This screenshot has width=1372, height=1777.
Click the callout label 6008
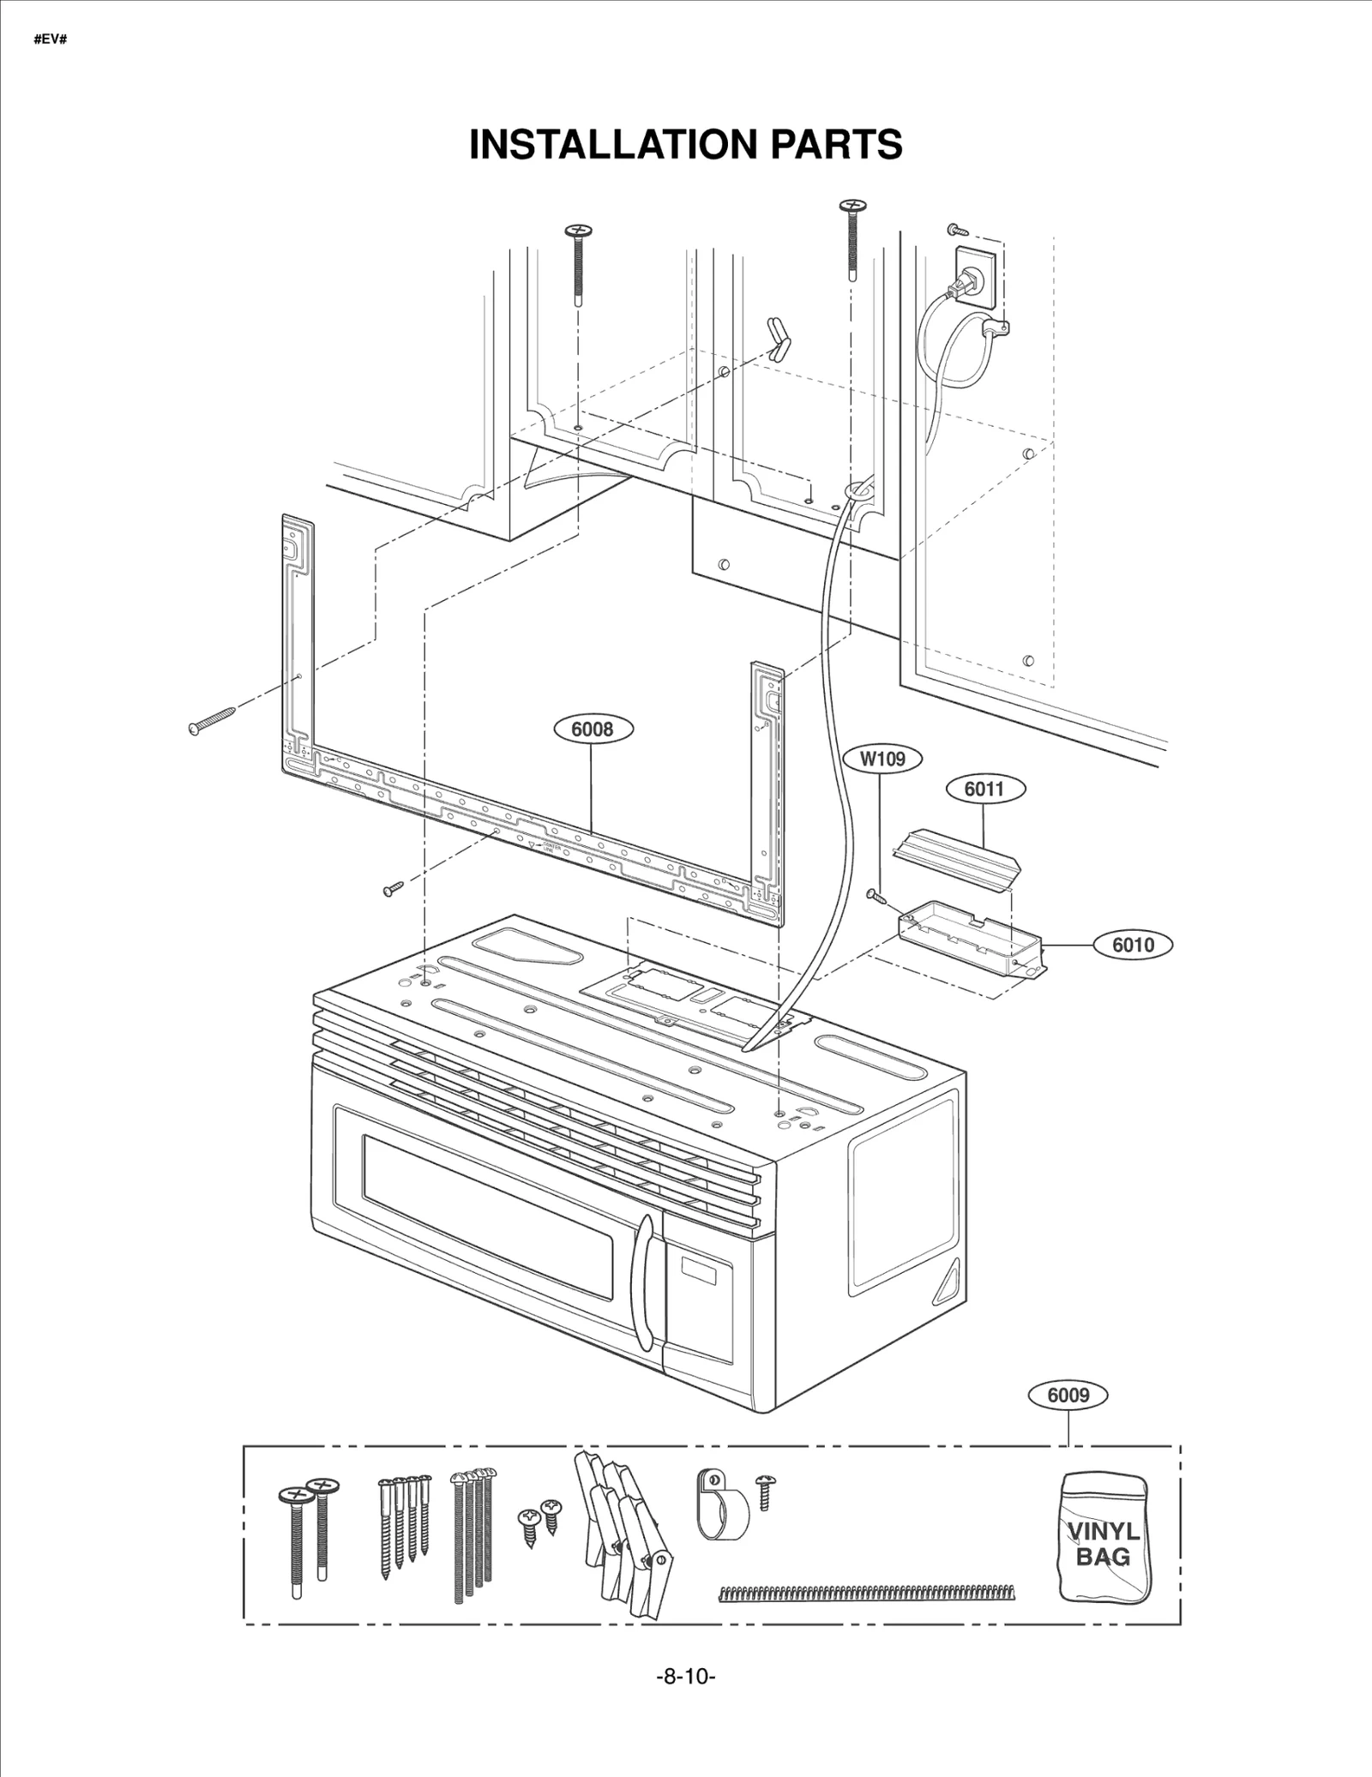click(593, 729)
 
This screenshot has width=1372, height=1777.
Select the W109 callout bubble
click(882, 759)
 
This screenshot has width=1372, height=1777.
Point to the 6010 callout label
click(1133, 945)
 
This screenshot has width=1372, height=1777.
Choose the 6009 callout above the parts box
click(1068, 1395)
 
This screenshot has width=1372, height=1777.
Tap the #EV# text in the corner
click(50, 40)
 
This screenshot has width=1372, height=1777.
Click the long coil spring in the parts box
click(866, 1594)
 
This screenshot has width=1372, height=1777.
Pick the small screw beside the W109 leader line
click(876, 896)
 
